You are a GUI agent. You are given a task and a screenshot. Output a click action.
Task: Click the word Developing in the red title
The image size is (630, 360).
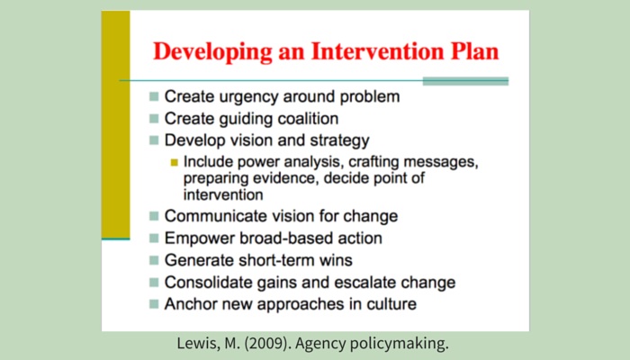(x=212, y=52)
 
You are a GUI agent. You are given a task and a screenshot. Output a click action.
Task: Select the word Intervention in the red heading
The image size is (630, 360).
(x=377, y=51)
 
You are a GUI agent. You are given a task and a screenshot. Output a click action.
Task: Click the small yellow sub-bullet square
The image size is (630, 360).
(x=174, y=162)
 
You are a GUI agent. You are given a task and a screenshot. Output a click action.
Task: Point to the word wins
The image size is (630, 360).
(x=336, y=260)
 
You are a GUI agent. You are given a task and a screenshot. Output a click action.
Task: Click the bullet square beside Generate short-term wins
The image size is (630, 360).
(x=154, y=260)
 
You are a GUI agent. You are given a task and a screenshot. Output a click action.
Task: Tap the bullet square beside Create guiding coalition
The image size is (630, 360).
(x=154, y=119)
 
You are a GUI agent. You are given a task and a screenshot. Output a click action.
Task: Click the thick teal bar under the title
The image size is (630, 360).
(x=465, y=81)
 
